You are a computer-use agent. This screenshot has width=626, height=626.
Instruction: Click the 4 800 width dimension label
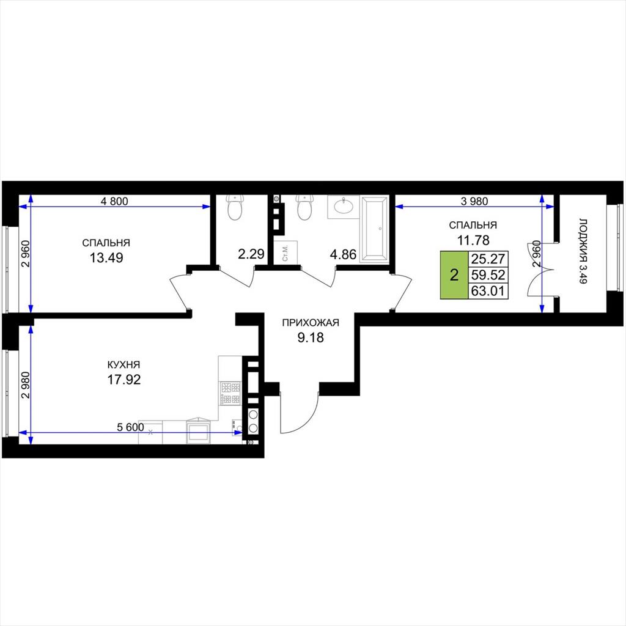point(114,201)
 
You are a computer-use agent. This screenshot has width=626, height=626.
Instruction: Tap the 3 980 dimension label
point(474,201)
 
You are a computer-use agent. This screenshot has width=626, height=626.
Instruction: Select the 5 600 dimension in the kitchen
point(130,427)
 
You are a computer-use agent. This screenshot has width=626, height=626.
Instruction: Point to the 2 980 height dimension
point(26,385)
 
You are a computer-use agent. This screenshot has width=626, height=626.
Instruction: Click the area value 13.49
point(106,258)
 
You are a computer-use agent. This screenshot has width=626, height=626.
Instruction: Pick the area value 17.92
point(123,379)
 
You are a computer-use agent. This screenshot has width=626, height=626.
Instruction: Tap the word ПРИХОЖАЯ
point(311,323)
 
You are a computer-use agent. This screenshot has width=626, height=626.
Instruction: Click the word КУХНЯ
point(123,364)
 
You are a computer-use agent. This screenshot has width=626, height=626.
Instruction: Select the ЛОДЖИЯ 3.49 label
point(583,251)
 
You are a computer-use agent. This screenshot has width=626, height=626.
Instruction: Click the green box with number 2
point(454,275)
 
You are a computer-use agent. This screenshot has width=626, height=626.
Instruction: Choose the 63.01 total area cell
point(488,290)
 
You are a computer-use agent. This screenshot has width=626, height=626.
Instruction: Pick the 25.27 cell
point(488,259)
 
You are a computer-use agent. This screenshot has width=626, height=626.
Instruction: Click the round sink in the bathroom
point(344,206)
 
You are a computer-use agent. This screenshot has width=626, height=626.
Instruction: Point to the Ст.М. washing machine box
point(286,252)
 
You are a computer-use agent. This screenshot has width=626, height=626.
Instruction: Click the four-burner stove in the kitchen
point(230,393)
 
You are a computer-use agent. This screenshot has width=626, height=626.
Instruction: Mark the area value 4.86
point(343,254)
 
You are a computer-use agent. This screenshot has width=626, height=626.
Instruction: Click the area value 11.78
point(473,240)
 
